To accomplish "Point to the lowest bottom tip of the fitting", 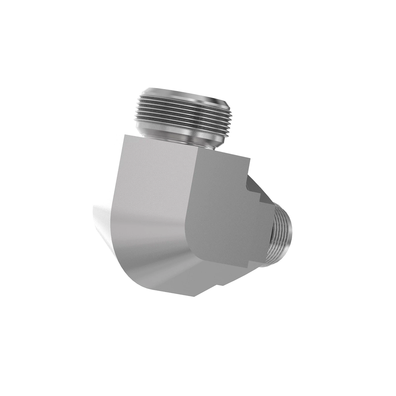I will (195, 296).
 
